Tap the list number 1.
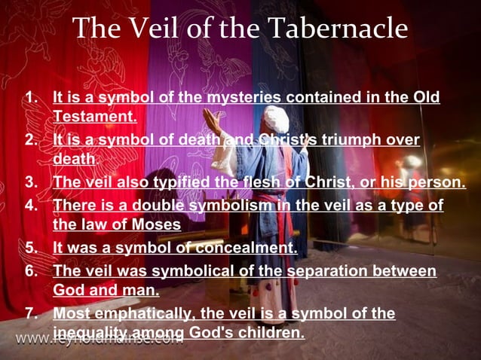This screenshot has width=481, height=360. [x=31, y=98]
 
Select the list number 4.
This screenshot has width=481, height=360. [x=31, y=206]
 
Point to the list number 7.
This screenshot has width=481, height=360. [x=31, y=313]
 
